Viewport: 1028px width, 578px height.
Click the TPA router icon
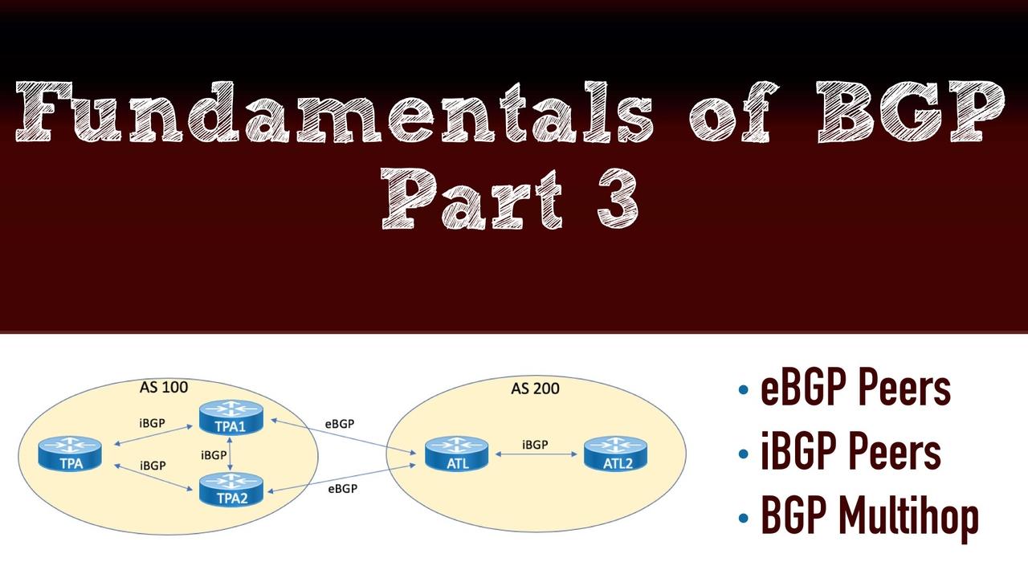click(x=71, y=454)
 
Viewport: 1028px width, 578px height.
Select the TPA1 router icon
click(x=230, y=418)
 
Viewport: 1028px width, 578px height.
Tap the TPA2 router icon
click(x=230, y=489)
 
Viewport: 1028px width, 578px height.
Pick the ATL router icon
click(x=457, y=454)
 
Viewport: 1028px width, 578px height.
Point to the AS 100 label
click(x=164, y=388)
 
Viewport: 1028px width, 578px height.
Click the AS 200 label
click(x=536, y=389)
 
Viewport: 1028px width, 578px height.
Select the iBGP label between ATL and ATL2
click(x=536, y=444)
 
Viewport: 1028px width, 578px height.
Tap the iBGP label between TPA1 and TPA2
click(x=213, y=455)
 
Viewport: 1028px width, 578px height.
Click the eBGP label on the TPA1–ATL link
click(x=340, y=423)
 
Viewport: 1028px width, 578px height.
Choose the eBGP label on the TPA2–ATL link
click(x=343, y=488)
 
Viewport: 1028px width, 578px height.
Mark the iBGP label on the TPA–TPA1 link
click(x=152, y=422)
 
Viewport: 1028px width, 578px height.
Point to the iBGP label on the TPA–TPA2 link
click(x=153, y=466)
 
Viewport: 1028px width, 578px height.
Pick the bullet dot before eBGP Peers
click(x=743, y=391)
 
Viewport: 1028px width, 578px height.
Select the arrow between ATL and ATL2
click(x=536, y=455)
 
